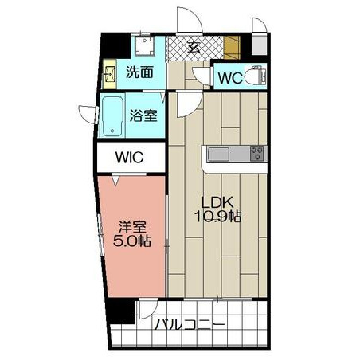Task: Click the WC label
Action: [x=230, y=78]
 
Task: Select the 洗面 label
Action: [x=139, y=72]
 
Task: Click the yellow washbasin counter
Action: [x=109, y=74]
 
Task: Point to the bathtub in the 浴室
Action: [x=112, y=116]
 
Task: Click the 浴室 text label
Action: [x=143, y=115]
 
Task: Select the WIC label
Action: [x=130, y=157]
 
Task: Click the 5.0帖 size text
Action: [x=132, y=241]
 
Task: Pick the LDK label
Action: [x=217, y=202]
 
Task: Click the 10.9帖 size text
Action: [x=218, y=217]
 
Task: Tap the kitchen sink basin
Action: [x=219, y=155]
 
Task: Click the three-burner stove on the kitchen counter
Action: [x=257, y=154]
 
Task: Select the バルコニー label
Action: [x=190, y=324]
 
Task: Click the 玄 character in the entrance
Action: [x=194, y=48]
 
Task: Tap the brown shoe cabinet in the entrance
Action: [x=232, y=48]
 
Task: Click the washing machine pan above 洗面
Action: [x=144, y=46]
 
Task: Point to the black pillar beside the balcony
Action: [x=120, y=311]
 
